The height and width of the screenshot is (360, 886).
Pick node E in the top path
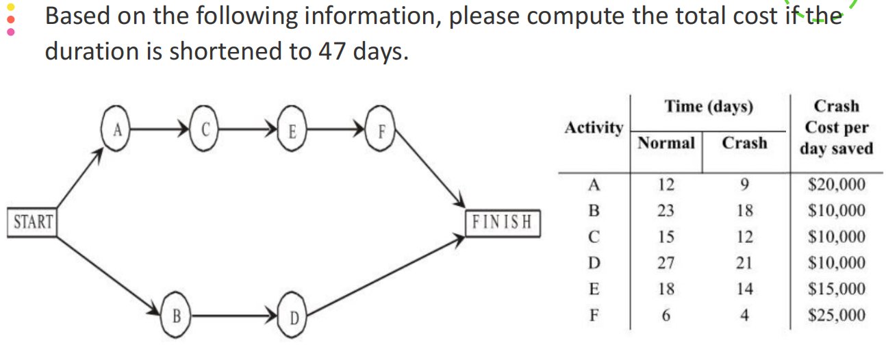[292, 129]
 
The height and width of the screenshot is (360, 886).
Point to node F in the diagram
[381, 129]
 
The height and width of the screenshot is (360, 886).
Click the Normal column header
[666, 143]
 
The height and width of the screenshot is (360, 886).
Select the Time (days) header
[708, 107]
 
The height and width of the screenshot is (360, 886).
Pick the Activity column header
[594, 128]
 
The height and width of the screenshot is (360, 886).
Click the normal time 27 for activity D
[666, 263]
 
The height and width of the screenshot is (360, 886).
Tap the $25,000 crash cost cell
[836, 316]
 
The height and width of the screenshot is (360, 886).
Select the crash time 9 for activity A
[745, 184]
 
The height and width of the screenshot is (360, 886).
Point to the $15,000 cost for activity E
[836, 289]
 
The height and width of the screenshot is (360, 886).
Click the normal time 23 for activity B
[666, 210]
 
